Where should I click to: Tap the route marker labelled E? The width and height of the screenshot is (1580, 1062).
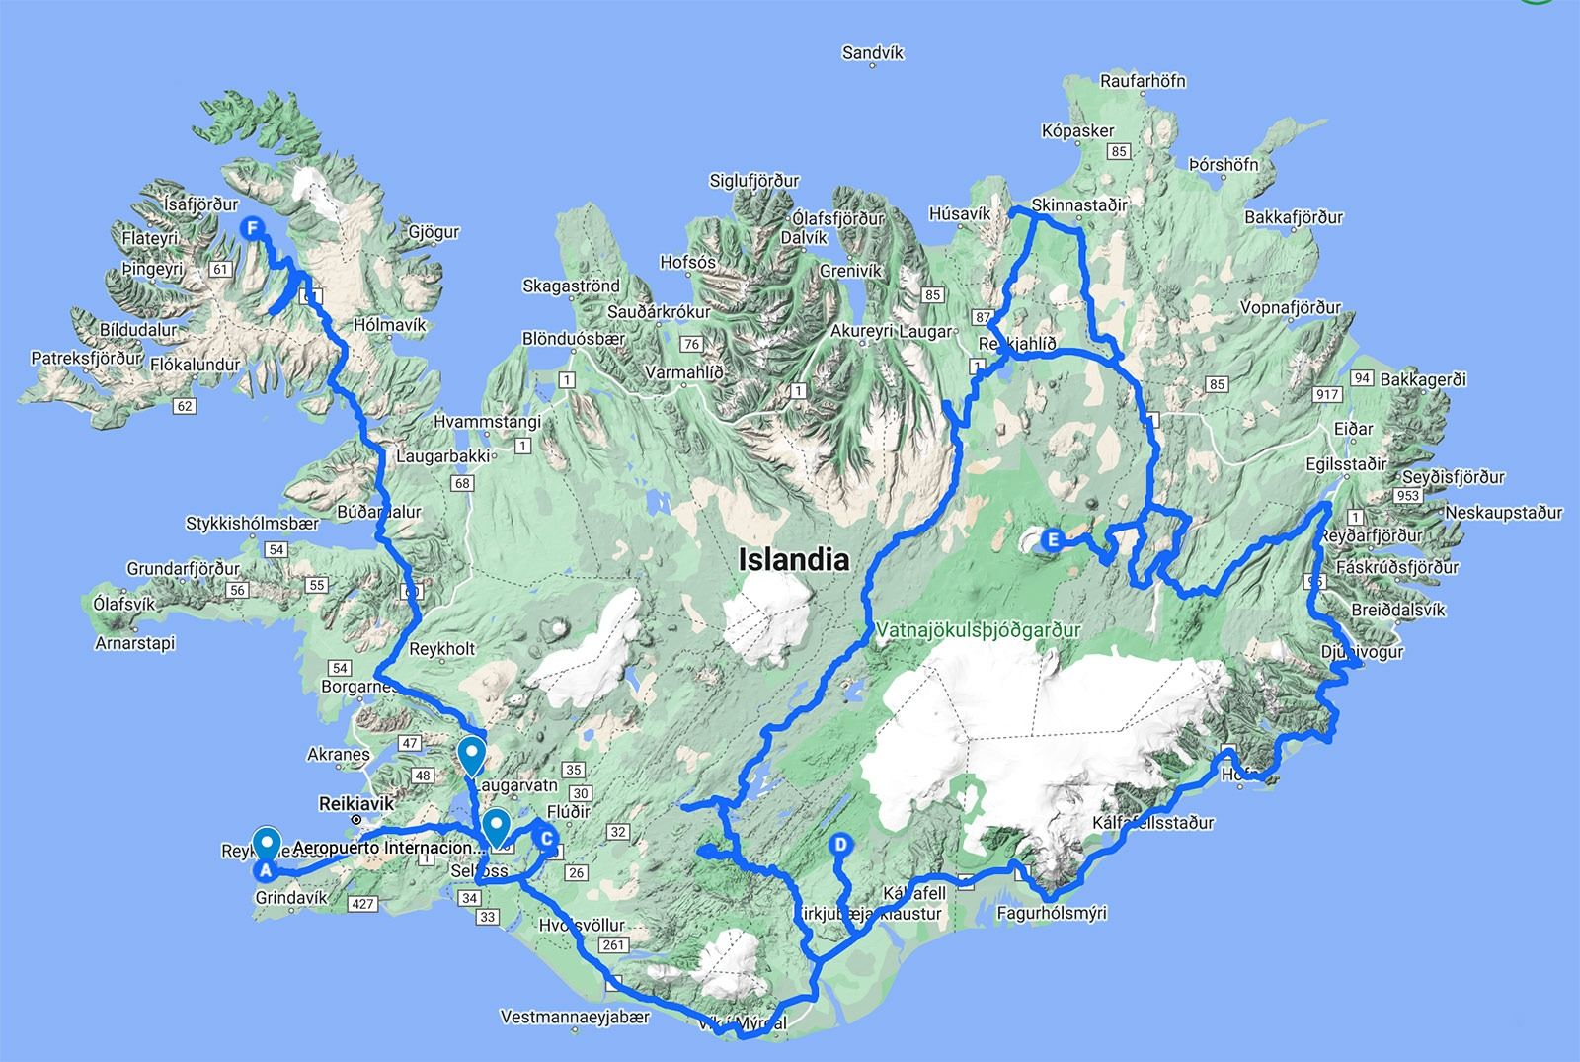[1053, 539]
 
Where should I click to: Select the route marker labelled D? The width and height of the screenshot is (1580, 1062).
[840, 845]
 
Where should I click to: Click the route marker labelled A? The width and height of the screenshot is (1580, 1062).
[264, 870]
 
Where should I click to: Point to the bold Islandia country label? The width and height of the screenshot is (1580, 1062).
[794, 560]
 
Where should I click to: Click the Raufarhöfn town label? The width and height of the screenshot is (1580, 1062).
[1143, 81]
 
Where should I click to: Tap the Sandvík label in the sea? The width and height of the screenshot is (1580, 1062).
[873, 53]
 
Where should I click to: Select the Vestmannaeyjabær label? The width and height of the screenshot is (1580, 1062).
[576, 1017]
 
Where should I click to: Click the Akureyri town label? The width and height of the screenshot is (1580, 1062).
[863, 332]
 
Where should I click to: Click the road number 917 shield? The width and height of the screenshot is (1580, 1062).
[1327, 395]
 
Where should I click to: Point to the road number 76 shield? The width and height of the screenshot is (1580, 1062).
[691, 345]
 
